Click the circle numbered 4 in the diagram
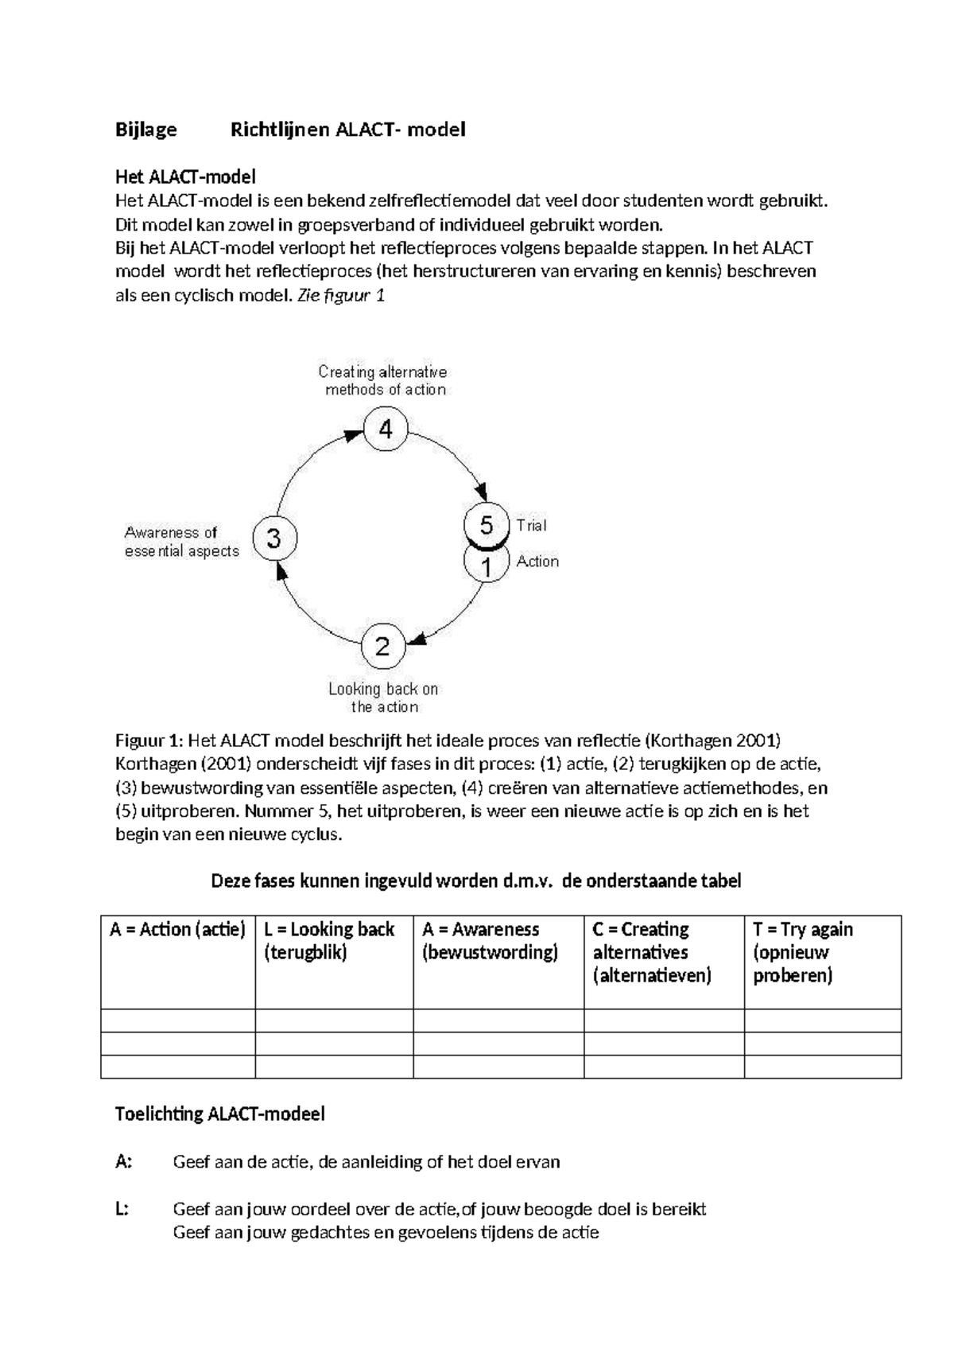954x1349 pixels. tap(386, 430)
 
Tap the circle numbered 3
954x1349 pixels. tap(274, 538)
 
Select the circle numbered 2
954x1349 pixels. tap(383, 646)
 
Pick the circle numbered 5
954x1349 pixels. tap(486, 524)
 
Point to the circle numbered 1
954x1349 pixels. tap(486, 566)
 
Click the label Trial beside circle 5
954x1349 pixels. tap(531, 525)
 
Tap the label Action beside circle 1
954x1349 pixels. tap(537, 562)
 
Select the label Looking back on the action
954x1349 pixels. tap(384, 698)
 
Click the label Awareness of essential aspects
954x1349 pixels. tap(181, 542)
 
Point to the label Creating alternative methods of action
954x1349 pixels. tap(384, 381)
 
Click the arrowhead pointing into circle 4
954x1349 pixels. tap(354, 434)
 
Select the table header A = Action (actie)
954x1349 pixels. tap(177, 929)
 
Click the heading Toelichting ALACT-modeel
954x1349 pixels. tap(220, 1114)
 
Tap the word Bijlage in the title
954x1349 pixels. tap(146, 129)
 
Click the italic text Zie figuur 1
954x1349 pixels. tap(340, 295)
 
